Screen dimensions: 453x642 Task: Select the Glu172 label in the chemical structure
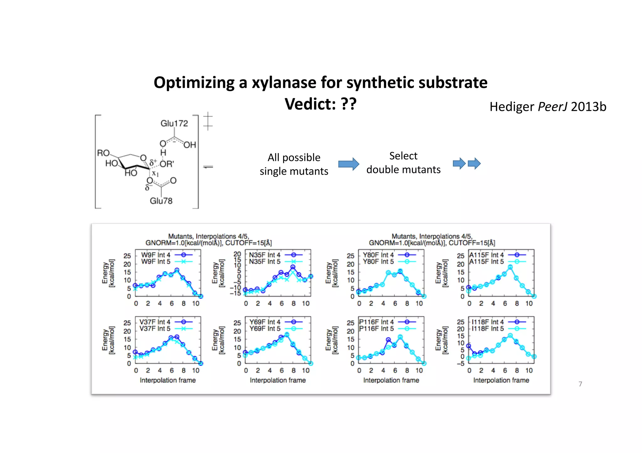pos(174,123)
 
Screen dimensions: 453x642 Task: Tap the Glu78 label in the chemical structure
pos(161,201)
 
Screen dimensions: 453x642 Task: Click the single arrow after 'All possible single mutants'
pos(349,164)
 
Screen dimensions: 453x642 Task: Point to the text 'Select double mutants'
pos(403,163)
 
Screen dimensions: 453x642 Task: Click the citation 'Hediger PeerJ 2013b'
pos(548,107)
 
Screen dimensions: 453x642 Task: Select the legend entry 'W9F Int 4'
pos(156,255)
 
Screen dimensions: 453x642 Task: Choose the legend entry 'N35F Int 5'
pos(265,261)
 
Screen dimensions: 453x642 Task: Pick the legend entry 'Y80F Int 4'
pos(378,255)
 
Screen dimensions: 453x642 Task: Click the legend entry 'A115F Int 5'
pos(486,261)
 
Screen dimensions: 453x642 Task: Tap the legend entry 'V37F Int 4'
pos(155,322)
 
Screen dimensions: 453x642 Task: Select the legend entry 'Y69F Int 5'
pos(265,328)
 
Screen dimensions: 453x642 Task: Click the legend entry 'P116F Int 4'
pos(376,322)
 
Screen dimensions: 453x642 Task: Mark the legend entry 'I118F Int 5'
pos(488,328)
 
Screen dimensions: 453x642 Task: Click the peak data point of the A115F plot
pos(510,267)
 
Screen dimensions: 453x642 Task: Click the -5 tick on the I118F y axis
pos(460,363)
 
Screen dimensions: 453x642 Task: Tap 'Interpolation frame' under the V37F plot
pos(168,380)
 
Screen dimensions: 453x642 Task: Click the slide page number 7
pos(580,384)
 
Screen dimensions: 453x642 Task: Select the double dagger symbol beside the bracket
pos(208,121)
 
